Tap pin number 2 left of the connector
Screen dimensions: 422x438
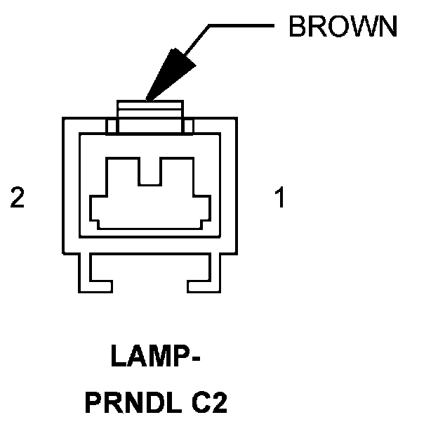pos(18,199)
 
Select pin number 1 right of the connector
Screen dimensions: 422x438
pos(279,199)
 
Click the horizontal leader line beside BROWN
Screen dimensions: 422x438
pos(242,27)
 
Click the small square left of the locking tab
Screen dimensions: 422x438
pos(111,127)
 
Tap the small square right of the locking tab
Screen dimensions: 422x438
pos(188,127)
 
